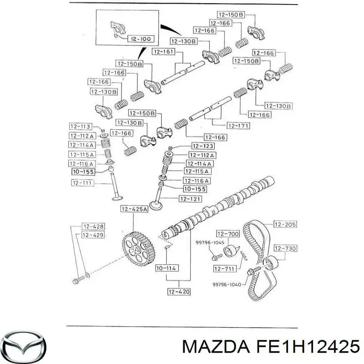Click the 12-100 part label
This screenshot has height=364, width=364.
pyautogui.click(x=141, y=40)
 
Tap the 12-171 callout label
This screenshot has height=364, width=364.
pyautogui.click(x=238, y=126)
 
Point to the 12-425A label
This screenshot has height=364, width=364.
pyautogui.click(x=134, y=209)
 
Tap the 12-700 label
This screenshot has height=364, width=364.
pyautogui.click(x=228, y=234)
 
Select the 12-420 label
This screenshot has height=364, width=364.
pyautogui.click(x=179, y=292)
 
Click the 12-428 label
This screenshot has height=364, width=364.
pyautogui.click(x=93, y=226)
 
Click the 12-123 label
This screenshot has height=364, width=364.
pyautogui.click(x=202, y=147)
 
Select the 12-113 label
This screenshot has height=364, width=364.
pyautogui.click(x=80, y=126)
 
